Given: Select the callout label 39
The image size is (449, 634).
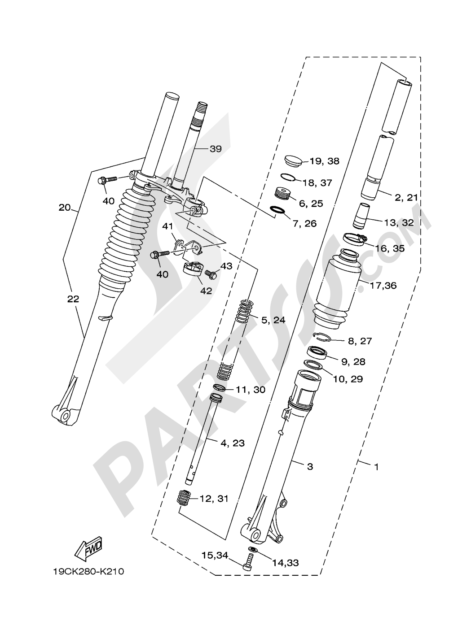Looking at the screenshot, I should click(216, 149).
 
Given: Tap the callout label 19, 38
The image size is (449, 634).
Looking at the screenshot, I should click(324, 161).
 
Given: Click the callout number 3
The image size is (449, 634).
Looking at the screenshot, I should click(310, 467).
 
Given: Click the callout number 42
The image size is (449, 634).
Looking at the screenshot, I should click(206, 291).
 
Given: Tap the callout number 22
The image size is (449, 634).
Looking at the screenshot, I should click(73, 299).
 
